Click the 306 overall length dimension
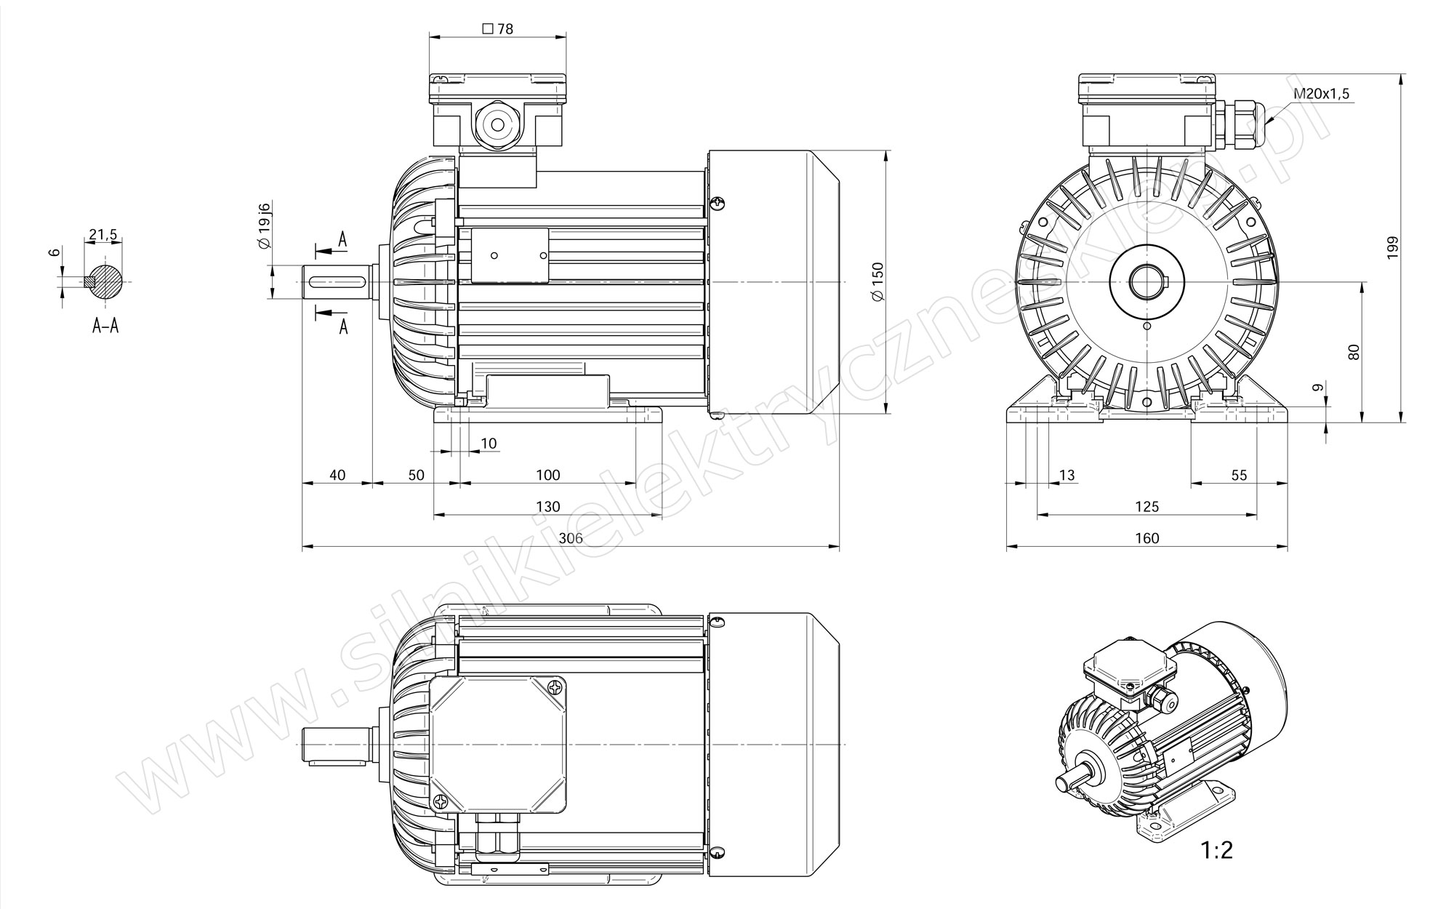point(571,538)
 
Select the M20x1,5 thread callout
point(1321,94)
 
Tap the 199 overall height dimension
point(1392,248)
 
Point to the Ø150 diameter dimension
point(877,281)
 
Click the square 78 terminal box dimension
point(498,29)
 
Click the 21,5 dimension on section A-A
point(103,235)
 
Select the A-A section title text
point(105,326)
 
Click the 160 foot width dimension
point(1146,538)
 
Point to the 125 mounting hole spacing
point(1146,506)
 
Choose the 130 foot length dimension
point(547,506)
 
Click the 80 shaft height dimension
point(1353,353)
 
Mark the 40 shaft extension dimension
point(337,475)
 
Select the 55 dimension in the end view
point(1239,475)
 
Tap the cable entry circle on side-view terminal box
point(498,125)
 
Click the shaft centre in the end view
point(1147,281)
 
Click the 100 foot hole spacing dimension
point(547,475)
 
